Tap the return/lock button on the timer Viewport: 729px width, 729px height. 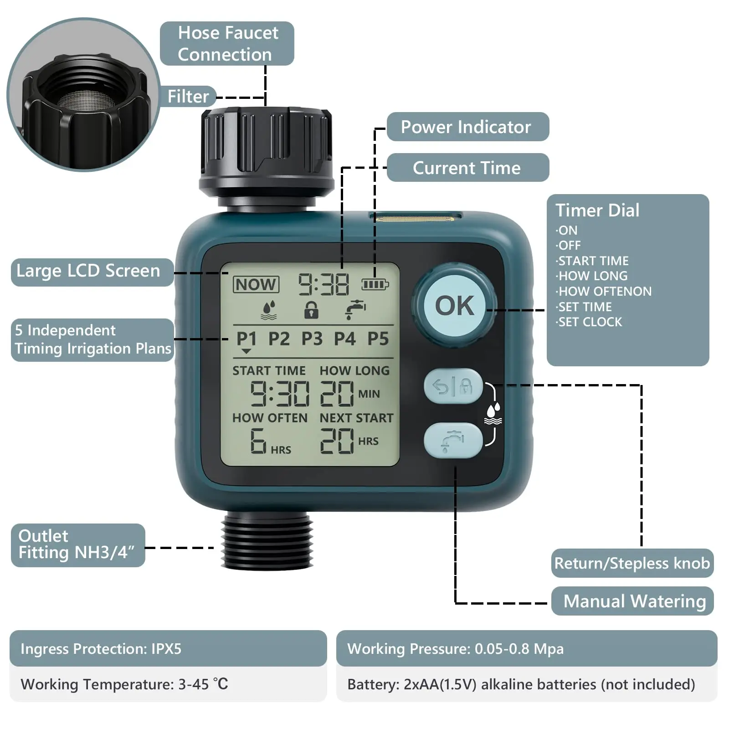click(x=453, y=386)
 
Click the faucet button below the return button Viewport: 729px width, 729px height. click(x=453, y=441)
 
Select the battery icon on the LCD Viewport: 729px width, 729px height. click(x=375, y=285)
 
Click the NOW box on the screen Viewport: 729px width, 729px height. click(x=256, y=285)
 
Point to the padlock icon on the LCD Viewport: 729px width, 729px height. click(x=311, y=310)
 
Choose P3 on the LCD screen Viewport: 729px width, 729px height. click(x=312, y=339)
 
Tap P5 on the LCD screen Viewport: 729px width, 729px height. click(x=378, y=339)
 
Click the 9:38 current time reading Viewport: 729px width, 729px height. click(x=323, y=285)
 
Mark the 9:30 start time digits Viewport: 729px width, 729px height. click(x=280, y=394)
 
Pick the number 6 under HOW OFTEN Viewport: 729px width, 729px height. click(x=258, y=441)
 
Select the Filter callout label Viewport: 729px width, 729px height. click(x=188, y=97)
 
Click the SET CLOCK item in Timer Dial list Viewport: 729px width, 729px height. click(x=590, y=322)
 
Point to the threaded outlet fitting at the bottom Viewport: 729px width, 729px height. click(x=267, y=540)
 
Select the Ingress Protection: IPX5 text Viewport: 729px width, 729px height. click(x=101, y=648)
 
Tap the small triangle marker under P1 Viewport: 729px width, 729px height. click(x=246, y=351)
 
